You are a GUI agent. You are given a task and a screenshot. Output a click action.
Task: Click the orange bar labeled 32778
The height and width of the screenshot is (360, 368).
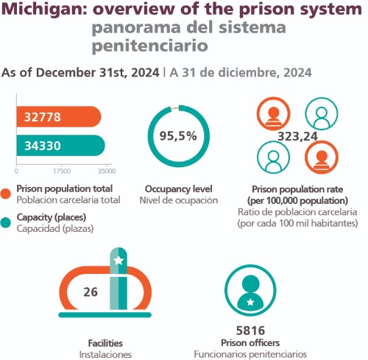click(x=59, y=117)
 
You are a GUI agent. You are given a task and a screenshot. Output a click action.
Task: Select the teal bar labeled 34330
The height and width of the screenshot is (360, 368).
click(x=61, y=146)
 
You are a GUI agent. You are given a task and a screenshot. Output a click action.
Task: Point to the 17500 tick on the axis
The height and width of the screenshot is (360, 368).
click(x=62, y=171)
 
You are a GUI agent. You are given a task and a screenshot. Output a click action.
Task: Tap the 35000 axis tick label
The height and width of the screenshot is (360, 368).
click(x=107, y=171)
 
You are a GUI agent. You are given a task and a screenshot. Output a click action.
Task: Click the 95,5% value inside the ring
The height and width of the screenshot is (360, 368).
click(x=178, y=135)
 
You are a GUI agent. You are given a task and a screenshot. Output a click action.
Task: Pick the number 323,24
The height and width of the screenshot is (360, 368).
click(x=297, y=136)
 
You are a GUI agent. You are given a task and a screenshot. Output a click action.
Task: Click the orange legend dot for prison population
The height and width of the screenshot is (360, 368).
click(x=5, y=194)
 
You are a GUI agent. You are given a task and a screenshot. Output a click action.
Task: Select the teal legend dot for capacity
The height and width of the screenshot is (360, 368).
click(x=5, y=222)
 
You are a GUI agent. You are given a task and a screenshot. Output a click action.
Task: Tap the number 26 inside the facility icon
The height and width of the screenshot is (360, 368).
click(x=91, y=292)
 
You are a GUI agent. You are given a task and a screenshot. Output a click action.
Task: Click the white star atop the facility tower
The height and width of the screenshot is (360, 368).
click(x=118, y=261)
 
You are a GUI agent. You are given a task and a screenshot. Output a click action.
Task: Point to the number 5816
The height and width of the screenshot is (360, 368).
click(x=250, y=331)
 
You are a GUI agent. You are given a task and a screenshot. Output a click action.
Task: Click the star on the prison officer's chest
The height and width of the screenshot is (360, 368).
click(x=250, y=302)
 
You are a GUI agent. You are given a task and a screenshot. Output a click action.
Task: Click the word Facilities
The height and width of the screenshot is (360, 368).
click(x=105, y=343)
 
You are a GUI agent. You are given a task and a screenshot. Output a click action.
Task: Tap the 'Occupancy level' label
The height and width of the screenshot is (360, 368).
click(x=179, y=189)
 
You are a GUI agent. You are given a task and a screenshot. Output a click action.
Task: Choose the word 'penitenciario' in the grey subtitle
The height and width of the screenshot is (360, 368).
click(x=150, y=46)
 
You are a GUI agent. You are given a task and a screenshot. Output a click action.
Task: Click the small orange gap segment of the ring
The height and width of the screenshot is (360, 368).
click(x=174, y=108)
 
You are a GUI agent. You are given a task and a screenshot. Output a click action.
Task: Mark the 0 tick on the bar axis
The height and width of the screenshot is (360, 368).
click(x=16, y=171)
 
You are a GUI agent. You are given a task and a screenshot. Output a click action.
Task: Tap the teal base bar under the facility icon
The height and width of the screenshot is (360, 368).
click(x=105, y=315)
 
